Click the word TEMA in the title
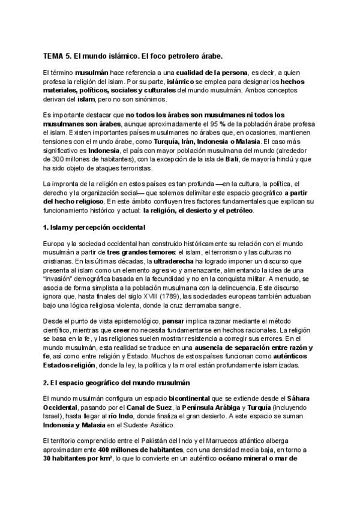tap(53, 56)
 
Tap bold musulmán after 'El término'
tap(89, 73)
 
